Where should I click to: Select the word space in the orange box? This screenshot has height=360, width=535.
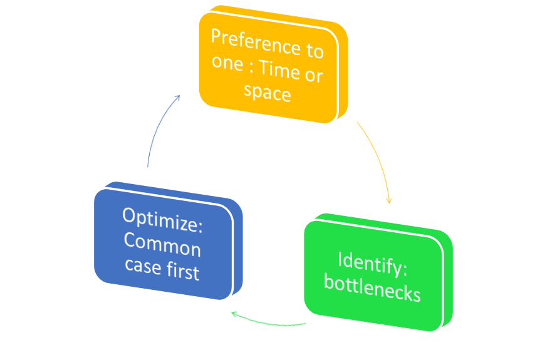(x=267, y=93)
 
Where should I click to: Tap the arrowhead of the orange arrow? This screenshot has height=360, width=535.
(x=389, y=200)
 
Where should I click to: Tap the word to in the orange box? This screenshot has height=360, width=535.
(x=314, y=51)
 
